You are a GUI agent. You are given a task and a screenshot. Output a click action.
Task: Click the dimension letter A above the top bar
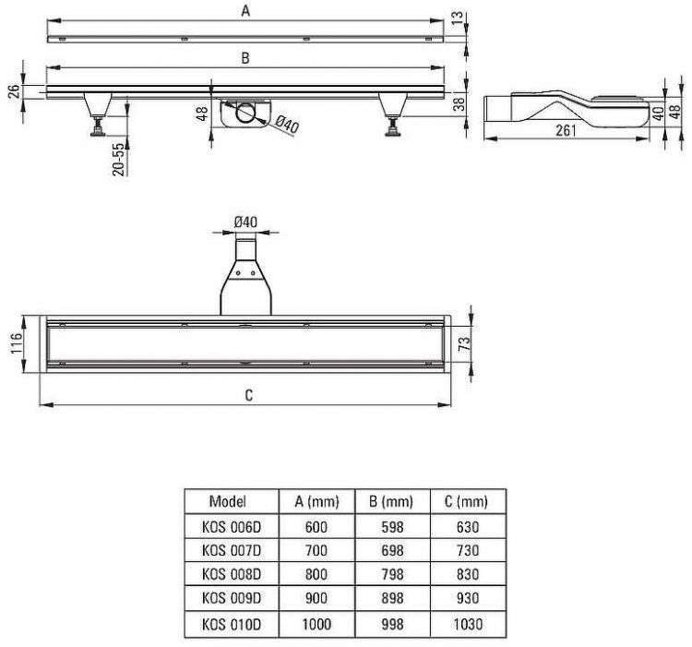point(245,10)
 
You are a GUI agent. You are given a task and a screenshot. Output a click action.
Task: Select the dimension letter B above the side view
point(245,58)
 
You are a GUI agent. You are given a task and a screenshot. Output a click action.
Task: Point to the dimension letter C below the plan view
point(248,395)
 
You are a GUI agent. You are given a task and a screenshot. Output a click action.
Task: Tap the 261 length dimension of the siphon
point(566,130)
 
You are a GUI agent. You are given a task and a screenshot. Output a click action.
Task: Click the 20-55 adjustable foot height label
point(118,160)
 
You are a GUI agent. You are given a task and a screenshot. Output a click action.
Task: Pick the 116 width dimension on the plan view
point(17,343)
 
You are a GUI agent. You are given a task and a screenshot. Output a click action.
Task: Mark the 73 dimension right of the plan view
point(465,343)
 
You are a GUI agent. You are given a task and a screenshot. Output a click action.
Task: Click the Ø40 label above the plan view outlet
point(245,222)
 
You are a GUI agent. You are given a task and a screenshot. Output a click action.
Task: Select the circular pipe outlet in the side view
point(245,113)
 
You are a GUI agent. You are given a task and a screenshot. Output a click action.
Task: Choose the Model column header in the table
point(227,501)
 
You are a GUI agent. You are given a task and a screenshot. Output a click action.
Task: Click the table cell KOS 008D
point(232,574)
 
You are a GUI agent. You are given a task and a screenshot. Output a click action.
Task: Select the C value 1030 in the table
point(468,624)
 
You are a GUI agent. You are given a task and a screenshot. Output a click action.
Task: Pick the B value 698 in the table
point(392,550)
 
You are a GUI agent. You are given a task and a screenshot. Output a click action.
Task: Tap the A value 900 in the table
point(316,597)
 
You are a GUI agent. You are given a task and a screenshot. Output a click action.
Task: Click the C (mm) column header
point(466,501)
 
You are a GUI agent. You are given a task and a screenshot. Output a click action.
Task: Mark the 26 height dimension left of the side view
point(14,91)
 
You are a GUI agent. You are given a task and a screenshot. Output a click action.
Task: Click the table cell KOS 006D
point(232,526)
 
